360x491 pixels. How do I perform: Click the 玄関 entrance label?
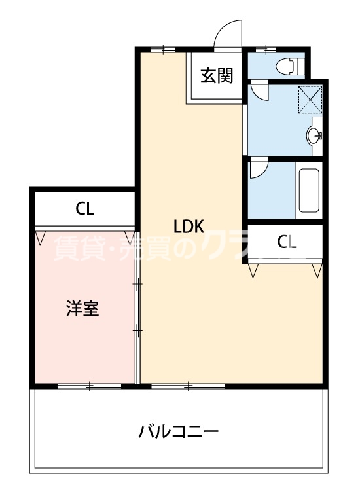217,76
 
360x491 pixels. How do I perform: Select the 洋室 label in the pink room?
82,308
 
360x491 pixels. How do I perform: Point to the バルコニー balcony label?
178,432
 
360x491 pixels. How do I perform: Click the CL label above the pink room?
85,209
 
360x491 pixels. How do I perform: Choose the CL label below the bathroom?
287,242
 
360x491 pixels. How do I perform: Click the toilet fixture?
289,65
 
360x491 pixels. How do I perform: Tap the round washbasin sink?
314,136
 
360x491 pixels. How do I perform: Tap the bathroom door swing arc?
258,170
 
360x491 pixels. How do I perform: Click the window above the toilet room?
266,49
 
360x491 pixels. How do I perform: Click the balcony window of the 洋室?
90,386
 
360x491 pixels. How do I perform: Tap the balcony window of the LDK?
188,386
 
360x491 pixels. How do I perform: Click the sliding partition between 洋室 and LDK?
137,308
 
